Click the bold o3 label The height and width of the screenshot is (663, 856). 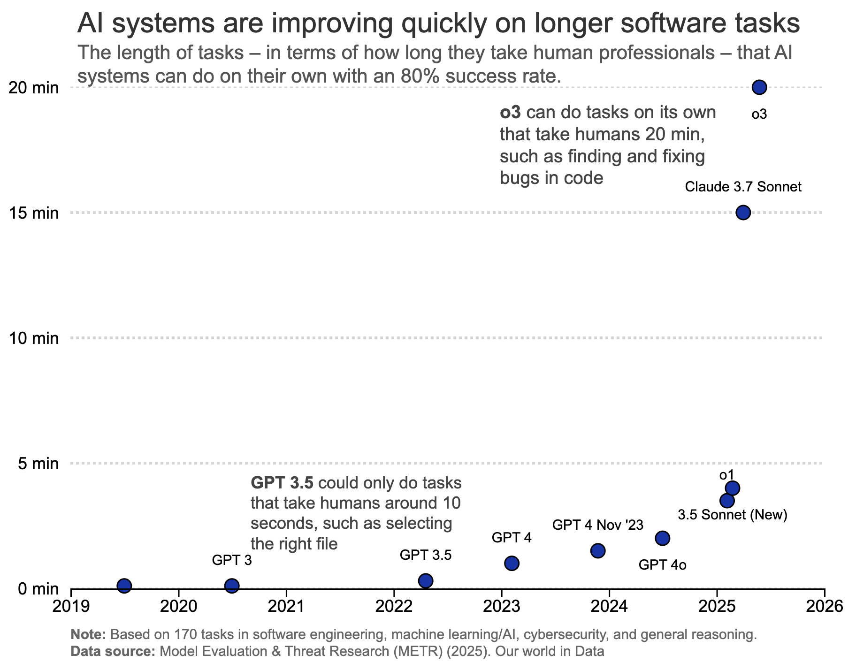click(510, 113)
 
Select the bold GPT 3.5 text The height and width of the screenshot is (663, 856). click(282, 483)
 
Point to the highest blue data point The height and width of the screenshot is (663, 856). click(759, 87)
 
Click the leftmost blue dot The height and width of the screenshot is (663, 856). click(124, 586)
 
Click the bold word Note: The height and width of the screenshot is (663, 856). click(88, 634)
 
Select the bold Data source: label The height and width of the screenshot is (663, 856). click(113, 651)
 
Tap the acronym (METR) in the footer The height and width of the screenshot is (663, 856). click(417, 651)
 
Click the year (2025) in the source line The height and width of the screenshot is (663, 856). click(469, 651)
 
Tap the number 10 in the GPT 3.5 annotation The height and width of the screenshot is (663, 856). click(451, 503)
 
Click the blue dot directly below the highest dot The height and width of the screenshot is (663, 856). click(743, 213)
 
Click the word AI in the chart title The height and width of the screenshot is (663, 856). click(90, 23)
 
